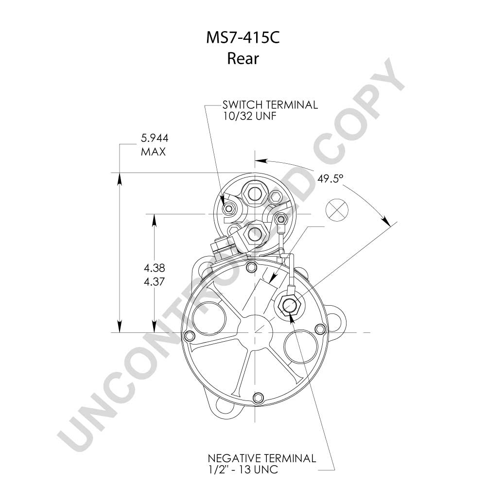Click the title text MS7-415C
click(243, 38)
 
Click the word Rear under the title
click(243, 58)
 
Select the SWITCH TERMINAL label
click(270, 105)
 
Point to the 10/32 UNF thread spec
click(249, 116)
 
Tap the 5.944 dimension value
click(155, 138)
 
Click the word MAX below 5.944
click(153, 152)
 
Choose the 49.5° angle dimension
click(330, 178)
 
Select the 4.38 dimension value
click(154, 268)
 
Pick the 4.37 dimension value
click(154, 282)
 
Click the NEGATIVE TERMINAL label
click(262, 458)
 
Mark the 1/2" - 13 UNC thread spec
click(243, 469)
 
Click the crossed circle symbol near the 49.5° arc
click(337, 209)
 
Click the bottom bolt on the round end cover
click(257, 397)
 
